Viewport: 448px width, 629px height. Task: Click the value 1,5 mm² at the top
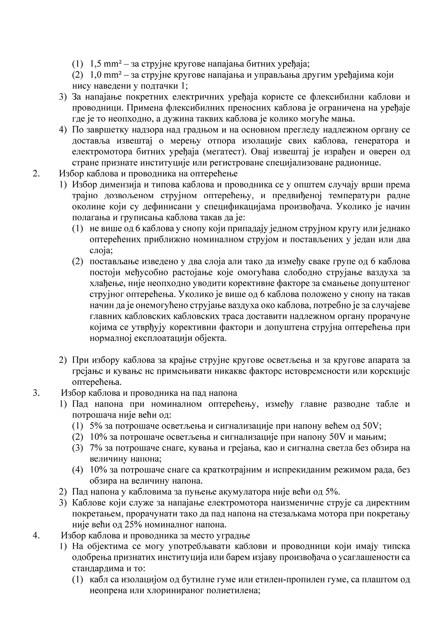[x=104, y=64]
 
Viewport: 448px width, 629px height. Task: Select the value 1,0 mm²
[x=104, y=75]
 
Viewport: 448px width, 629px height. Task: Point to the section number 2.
[x=36, y=173]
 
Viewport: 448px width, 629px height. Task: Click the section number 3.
[x=36, y=393]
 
